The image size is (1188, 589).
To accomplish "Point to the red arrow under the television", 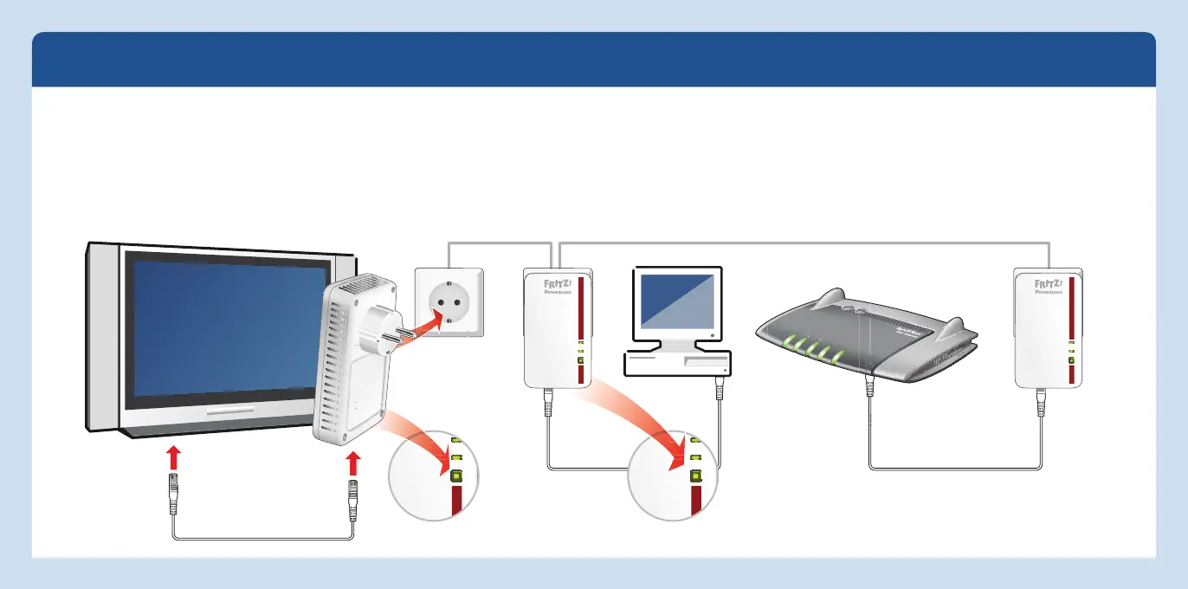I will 174,457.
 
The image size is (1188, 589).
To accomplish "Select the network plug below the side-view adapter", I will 352,500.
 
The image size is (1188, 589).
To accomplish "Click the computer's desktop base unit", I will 678,363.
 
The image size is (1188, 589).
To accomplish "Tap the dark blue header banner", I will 594,60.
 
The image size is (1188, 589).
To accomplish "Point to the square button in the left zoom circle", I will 456,475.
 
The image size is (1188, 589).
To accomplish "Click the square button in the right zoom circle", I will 694,475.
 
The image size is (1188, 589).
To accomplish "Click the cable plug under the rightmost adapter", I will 1041,403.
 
